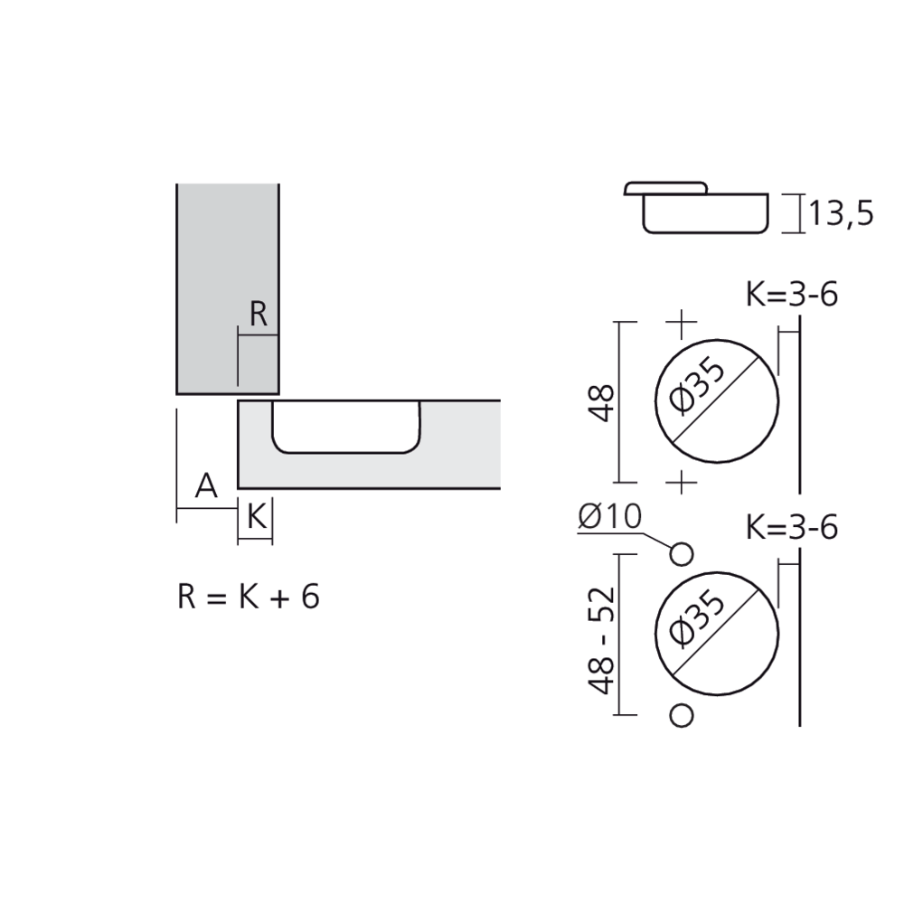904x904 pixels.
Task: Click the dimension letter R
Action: pyautogui.click(x=259, y=315)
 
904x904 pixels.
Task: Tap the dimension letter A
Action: pyautogui.click(x=206, y=486)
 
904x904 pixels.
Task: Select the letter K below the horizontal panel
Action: pyautogui.click(x=256, y=518)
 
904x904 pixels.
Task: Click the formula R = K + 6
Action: pyautogui.click(x=249, y=597)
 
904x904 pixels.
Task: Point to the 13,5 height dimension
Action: pyautogui.click(x=841, y=214)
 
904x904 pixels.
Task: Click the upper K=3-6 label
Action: pyautogui.click(x=792, y=295)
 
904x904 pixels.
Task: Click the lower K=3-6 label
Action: pyautogui.click(x=792, y=527)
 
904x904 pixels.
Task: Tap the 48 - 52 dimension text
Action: pyautogui.click(x=601, y=640)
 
